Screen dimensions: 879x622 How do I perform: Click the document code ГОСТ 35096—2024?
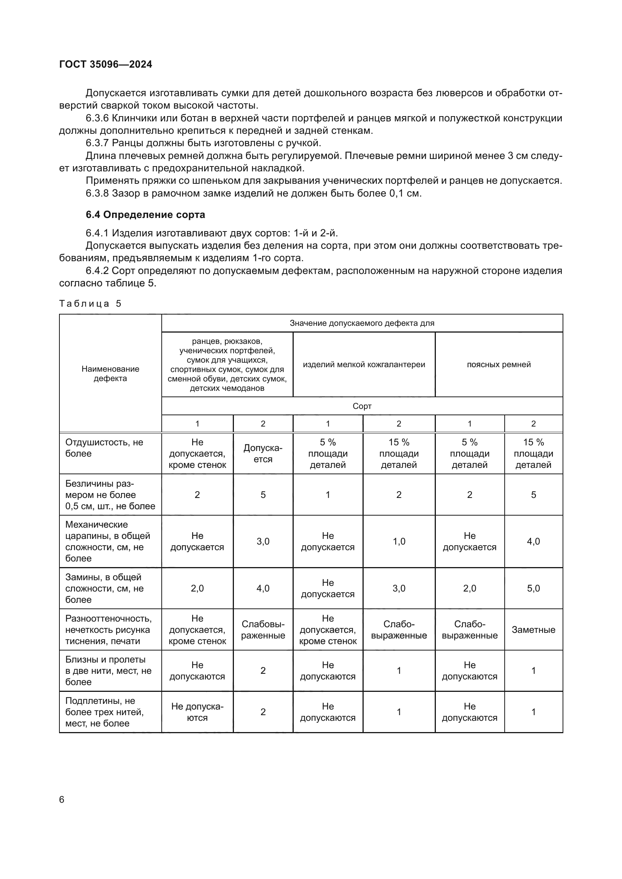point(106,64)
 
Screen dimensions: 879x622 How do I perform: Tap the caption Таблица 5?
point(90,304)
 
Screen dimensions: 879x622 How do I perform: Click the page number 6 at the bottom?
point(62,799)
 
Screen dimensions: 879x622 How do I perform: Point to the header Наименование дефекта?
point(110,373)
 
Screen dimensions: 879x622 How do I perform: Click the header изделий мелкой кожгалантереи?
point(364,365)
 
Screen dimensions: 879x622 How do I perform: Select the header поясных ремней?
point(499,365)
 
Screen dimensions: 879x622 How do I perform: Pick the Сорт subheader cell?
point(362,406)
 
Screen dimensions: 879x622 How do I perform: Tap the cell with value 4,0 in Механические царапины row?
point(533,541)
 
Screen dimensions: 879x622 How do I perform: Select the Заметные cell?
point(533,630)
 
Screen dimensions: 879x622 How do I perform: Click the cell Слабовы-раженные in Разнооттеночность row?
point(263,630)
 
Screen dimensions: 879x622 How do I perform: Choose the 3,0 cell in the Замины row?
point(399,588)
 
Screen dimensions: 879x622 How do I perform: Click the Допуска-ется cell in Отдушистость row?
point(263,453)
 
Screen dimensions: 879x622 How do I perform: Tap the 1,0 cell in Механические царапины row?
point(399,541)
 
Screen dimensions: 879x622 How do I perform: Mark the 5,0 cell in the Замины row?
point(533,588)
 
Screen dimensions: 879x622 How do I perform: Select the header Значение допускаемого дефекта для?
point(362,323)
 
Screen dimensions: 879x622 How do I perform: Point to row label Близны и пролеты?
point(108,670)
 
